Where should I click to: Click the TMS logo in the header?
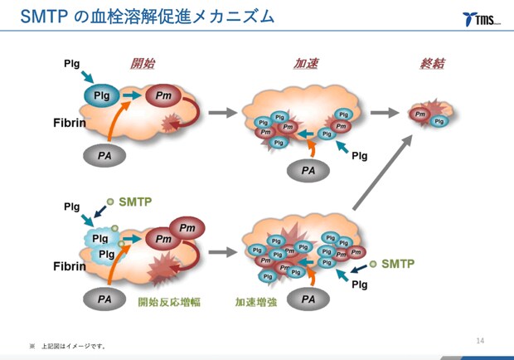481,18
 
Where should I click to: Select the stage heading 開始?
143,64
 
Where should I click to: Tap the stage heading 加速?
306,64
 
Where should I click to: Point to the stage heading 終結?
432,64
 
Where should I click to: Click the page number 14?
480,340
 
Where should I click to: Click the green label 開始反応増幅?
169,302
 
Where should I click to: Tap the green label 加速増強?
256,302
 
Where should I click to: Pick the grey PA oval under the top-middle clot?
308,170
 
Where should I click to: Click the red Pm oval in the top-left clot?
163,96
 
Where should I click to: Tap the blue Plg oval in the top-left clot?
101,96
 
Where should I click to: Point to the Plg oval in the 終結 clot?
439,121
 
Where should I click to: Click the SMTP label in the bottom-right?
396,265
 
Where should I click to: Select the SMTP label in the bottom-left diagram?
136,202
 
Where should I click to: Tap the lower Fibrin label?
70,266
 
